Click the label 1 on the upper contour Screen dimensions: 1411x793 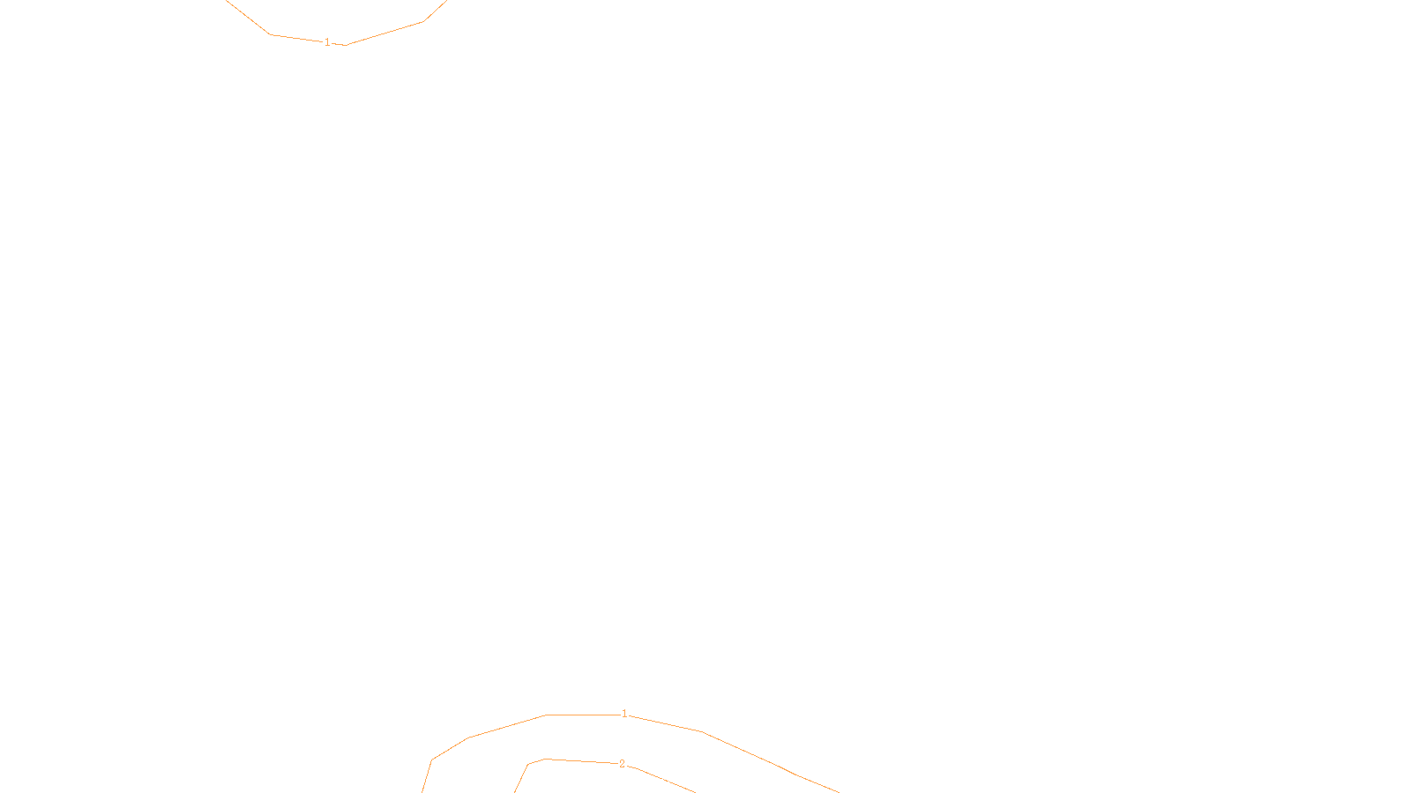327,42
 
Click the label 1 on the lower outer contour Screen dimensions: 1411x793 624,714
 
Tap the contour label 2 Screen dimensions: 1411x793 622,764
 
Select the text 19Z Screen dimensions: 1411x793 668,779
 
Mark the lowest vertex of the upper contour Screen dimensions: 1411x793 346,45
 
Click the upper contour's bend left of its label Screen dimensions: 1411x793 270,34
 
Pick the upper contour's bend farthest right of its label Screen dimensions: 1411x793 423,21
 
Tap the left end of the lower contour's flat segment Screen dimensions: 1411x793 547,715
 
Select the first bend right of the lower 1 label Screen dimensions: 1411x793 702,731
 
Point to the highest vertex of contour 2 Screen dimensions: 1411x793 545,759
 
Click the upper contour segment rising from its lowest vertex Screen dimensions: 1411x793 384,33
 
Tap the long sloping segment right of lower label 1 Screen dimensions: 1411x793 750,753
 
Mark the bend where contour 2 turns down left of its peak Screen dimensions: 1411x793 528,764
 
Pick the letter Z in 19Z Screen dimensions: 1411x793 675,779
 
